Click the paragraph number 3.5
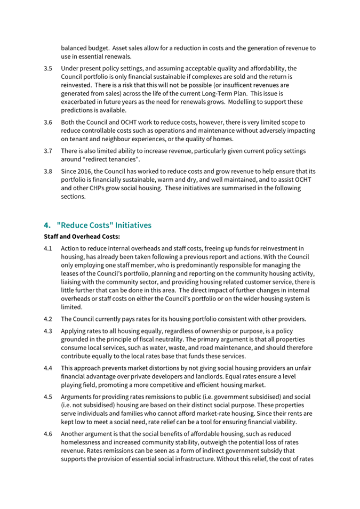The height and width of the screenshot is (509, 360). (47, 69)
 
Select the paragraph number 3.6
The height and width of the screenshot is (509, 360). (47, 122)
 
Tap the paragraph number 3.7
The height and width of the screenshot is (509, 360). (47, 151)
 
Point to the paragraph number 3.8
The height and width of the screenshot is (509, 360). (47, 171)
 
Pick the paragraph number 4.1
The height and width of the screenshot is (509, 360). (47, 248)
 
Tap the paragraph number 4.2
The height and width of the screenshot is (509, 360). (47, 319)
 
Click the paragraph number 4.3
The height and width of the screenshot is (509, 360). (47, 331)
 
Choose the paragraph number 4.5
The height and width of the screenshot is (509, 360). (47, 396)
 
